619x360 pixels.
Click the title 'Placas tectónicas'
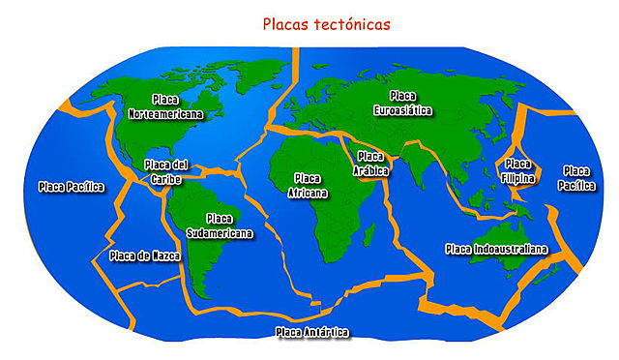point(328,22)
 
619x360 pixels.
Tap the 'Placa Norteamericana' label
point(165,107)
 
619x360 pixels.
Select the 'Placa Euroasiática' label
point(402,103)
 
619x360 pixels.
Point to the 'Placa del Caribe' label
point(165,170)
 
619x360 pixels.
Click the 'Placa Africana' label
point(308,185)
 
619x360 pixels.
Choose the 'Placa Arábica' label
point(371,164)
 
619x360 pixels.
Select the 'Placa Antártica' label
point(311,333)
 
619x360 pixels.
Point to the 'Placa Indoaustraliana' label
point(496,249)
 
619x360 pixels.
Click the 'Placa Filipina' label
point(517,169)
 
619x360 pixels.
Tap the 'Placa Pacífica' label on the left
point(71,186)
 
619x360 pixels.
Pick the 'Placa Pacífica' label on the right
point(577,177)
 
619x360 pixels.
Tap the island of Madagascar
point(367,231)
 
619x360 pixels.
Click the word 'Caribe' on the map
point(165,177)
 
